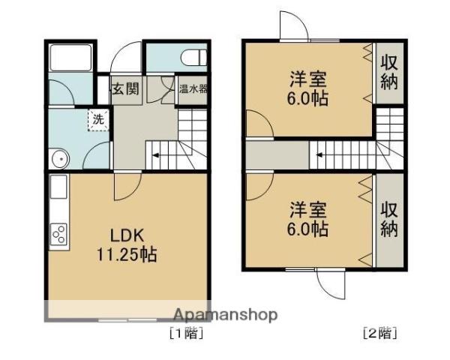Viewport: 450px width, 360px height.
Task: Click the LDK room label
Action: coord(125,232)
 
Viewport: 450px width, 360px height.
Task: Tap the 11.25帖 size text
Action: coord(126,254)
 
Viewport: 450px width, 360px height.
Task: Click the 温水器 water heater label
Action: coord(193,89)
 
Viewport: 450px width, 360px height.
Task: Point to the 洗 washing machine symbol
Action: coord(98,119)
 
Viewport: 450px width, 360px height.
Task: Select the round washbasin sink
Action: coord(59,157)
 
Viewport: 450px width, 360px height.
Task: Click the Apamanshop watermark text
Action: coord(226,314)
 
